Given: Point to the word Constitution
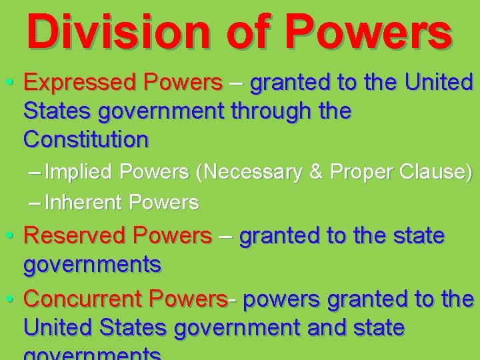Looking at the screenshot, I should pyautogui.click(x=86, y=140).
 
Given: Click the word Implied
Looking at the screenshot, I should pyautogui.click(x=81, y=172).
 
